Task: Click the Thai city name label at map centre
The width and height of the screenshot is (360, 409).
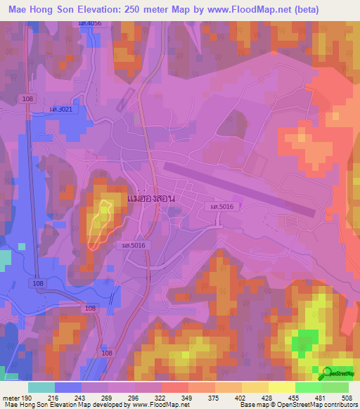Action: tap(151, 199)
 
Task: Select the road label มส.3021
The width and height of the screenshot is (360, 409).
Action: tap(62, 110)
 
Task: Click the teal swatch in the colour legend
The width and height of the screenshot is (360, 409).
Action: tap(41, 387)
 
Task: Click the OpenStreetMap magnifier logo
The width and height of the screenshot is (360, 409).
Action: tap(326, 373)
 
